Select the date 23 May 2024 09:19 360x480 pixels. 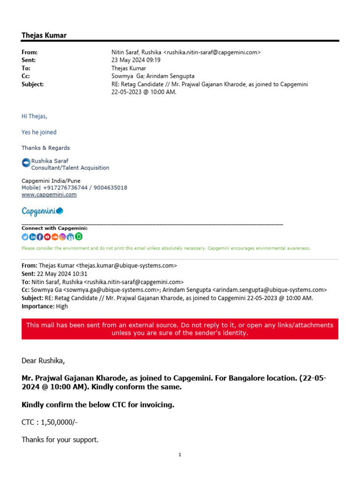click(x=136, y=60)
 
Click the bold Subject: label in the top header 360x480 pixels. click(x=33, y=84)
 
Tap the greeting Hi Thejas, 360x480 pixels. click(x=35, y=116)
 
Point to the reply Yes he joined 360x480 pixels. click(x=39, y=132)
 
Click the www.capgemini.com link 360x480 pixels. click(x=49, y=195)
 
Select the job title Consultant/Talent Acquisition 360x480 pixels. click(x=70, y=168)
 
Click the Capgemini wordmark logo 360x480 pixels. click(x=42, y=211)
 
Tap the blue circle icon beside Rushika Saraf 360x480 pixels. click(x=26, y=163)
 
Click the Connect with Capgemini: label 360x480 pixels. click(x=54, y=228)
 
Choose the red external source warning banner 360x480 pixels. click(x=180, y=329)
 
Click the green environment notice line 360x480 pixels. click(x=166, y=248)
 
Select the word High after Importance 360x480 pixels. click(x=62, y=306)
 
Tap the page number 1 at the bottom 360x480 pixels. click(x=180, y=455)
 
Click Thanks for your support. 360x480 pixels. click(x=60, y=440)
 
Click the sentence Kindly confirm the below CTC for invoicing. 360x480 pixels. click(x=98, y=405)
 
